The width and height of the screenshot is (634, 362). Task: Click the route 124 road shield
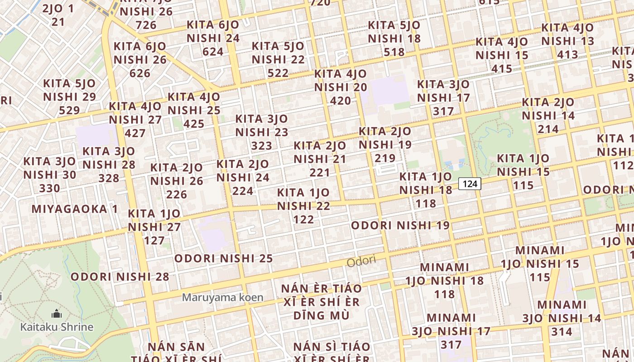tap(470, 184)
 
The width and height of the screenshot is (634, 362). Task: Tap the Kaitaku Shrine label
tap(57, 327)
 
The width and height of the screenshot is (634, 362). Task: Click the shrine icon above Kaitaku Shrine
tap(56, 313)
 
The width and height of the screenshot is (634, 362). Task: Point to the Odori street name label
tap(361, 261)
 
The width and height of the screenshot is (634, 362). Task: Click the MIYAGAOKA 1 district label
tap(75, 209)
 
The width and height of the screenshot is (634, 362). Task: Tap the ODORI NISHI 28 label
tap(120, 276)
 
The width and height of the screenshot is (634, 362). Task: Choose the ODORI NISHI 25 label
tap(223, 258)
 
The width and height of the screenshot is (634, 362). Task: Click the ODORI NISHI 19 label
tap(400, 225)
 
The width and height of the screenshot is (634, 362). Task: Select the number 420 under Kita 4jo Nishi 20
tap(340, 100)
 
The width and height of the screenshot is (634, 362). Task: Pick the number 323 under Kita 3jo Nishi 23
tap(262, 146)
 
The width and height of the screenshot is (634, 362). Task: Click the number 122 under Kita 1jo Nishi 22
tap(303, 219)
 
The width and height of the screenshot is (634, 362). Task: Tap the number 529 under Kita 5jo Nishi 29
tap(69, 110)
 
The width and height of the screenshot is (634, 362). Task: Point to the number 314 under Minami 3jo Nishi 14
tap(562, 332)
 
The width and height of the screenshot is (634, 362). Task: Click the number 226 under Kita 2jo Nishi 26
tap(177, 195)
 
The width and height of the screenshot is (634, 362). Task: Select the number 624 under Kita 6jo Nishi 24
tap(213, 52)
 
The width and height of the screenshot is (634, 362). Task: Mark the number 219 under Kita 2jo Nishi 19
tap(385, 158)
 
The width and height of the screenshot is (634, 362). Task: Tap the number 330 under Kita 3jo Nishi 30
tap(49, 188)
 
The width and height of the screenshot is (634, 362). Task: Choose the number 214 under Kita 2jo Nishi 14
tap(548, 129)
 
